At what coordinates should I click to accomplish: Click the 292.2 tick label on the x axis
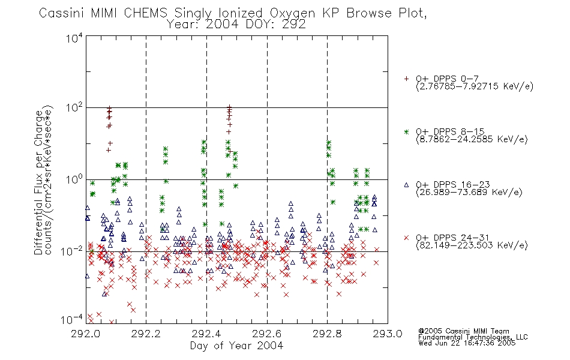click(x=146, y=334)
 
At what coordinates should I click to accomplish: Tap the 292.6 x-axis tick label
click(x=267, y=334)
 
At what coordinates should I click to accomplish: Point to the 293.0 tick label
click(x=388, y=334)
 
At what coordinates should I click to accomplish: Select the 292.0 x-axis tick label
click(x=86, y=334)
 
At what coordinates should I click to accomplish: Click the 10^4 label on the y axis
click(x=74, y=37)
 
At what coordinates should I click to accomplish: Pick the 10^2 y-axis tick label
click(x=74, y=108)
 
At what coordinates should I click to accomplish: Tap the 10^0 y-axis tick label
click(x=74, y=179)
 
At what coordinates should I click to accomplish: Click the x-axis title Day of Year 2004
click(x=236, y=346)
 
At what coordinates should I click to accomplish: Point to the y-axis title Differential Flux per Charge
click(x=38, y=182)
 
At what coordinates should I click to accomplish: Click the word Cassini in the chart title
click(x=62, y=13)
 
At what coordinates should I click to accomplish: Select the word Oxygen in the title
click(x=293, y=13)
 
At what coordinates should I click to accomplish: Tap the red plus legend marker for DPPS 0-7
click(x=406, y=79)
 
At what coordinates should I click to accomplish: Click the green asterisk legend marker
click(x=406, y=132)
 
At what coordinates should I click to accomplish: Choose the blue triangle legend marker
click(x=406, y=185)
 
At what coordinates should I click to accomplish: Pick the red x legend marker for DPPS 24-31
click(x=406, y=238)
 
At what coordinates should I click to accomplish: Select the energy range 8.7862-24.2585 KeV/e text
click(x=472, y=140)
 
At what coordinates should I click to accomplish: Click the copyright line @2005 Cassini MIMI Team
click(x=463, y=331)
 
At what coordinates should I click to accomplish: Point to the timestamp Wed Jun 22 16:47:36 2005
click(x=467, y=343)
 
